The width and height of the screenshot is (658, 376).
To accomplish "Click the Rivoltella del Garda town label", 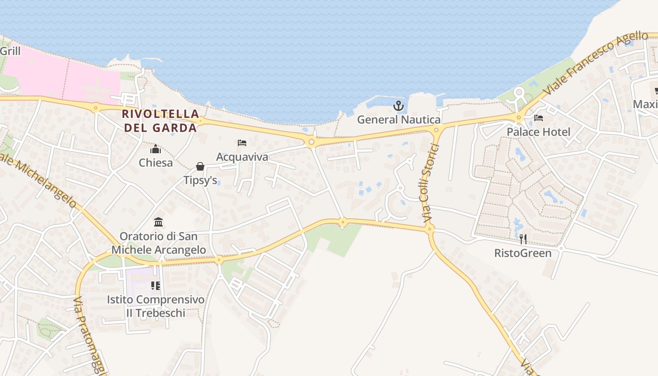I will [x=160, y=120].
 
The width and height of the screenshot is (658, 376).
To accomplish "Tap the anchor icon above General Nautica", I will [x=399, y=106].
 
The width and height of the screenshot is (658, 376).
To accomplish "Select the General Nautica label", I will [x=399, y=119].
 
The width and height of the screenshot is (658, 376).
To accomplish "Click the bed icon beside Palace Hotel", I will [x=539, y=118].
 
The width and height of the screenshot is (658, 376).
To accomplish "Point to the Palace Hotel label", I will [x=538, y=132].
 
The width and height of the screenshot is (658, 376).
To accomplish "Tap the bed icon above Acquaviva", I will [x=242, y=143].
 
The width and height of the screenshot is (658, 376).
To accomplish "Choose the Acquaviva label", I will [x=242, y=157].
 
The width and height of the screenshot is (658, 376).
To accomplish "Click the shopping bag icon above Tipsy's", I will [x=200, y=166].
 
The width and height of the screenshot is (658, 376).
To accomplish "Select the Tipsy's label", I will [x=200, y=180].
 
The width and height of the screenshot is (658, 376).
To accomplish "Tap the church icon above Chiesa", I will [x=156, y=149].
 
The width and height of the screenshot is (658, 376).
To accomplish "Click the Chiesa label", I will [x=156, y=163].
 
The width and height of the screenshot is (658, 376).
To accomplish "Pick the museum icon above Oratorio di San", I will [x=158, y=222].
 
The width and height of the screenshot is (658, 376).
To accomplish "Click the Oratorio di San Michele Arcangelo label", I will [x=158, y=243].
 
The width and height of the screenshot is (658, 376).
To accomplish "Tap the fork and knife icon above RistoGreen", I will [x=523, y=239].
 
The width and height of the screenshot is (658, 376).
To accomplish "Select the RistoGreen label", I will [x=523, y=253].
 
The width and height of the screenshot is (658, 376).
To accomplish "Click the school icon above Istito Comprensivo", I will [x=156, y=285].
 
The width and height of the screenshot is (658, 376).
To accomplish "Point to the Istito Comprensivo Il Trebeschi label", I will [x=156, y=305].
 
